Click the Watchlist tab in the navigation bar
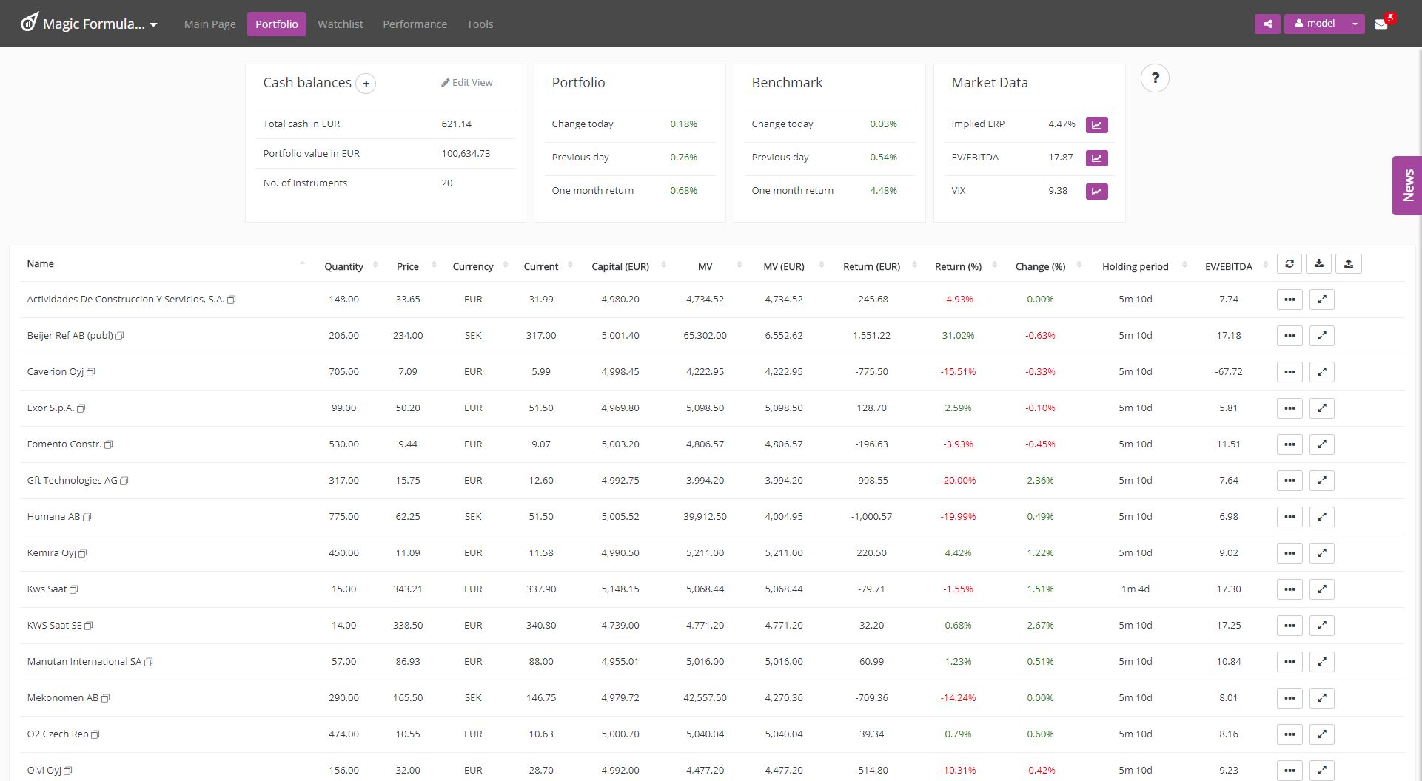pyautogui.click(x=340, y=24)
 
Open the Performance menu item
pyautogui.click(x=415, y=24)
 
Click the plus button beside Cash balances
pyautogui.click(x=366, y=84)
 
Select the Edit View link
pyautogui.click(x=467, y=83)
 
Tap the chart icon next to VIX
pyautogui.click(x=1096, y=192)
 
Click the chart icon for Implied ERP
pyautogui.click(x=1096, y=125)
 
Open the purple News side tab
pyautogui.click(x=1407, y=186)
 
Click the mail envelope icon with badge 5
pyautogui.click(x=1381, y=24)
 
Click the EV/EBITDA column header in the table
pyautogui.click(x=1228, y=267)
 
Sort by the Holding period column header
pyautogui.click(x=1135, y=267)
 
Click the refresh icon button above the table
pyautogui.click(x=1289, y=264)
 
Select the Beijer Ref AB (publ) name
pyautogui.click(x=70, y=336)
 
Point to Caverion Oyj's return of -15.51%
pyautogui.click(x=958, y=372)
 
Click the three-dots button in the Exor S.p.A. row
pyautogui.click(x=1289, y=408)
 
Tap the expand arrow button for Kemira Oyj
pyautogui.click(x=1321, y=553)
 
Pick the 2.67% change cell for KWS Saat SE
pyautogui.click(x=1040, y=626)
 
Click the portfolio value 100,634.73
pyautogui.click(x=466, y=154)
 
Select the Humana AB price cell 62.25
pyautogui.click(x=408, y=517)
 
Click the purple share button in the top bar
pyautogui.click(x=1267, y=24)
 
